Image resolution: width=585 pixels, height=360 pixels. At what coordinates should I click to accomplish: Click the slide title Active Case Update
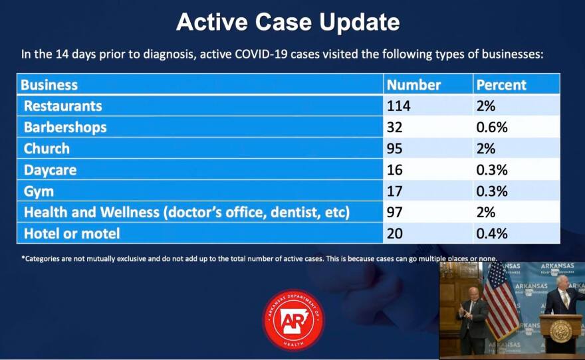[288, 22]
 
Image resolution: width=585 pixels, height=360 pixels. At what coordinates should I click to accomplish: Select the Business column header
[49, 85]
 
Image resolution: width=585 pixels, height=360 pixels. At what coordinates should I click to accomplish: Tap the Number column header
[413, 85]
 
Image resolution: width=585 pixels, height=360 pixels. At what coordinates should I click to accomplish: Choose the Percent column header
[501, 85]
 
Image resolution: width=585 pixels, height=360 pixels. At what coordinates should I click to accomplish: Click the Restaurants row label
[62, 106]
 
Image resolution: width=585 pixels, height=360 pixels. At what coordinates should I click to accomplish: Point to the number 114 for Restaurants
[398, 106]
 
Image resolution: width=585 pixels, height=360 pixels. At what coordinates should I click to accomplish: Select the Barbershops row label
[65, 128]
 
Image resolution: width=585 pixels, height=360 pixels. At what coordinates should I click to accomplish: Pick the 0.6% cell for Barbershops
[492, 128]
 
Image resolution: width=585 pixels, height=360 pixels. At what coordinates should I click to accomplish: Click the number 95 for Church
[394, 149]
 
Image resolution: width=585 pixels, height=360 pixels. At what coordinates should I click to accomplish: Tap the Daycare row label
[50, 170]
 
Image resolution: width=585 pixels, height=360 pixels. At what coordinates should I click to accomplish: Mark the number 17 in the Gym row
[394, 191]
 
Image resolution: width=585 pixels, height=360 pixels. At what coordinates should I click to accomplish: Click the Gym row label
[39, 191]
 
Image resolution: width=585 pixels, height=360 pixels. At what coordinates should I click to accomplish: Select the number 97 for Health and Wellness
[394, 213]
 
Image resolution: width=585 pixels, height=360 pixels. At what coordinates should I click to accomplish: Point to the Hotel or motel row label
[72, 234]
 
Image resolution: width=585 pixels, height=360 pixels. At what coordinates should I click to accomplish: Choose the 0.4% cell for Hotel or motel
[492, 234]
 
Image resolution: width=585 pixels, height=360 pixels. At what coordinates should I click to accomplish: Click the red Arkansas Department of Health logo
[293, 319]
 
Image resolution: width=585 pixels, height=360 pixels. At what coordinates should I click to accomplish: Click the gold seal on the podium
[560, 331]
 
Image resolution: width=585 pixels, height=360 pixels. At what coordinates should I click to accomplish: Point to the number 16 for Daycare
[394, 170]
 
